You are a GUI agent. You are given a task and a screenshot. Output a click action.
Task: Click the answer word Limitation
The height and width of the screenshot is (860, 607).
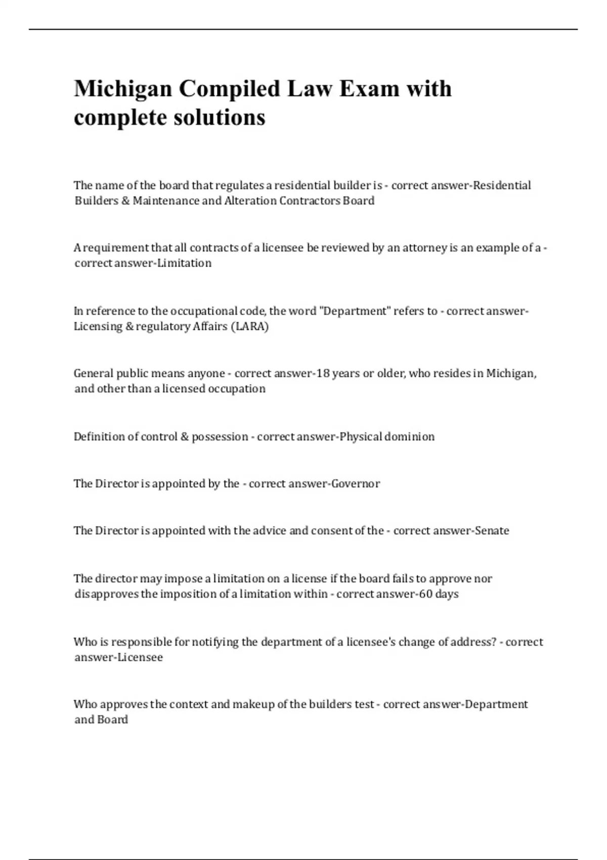pyautogui.click(x=185, y=263)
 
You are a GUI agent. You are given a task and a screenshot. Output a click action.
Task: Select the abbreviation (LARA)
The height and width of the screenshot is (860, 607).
pyautogui.click(x=249, y=326)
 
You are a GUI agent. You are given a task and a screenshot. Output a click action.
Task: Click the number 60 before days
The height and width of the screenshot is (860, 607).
pyautogui.click(x=426, y=594)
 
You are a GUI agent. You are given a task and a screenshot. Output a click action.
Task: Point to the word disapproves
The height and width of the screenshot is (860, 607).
pyautogui.click(x=106, y=594)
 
